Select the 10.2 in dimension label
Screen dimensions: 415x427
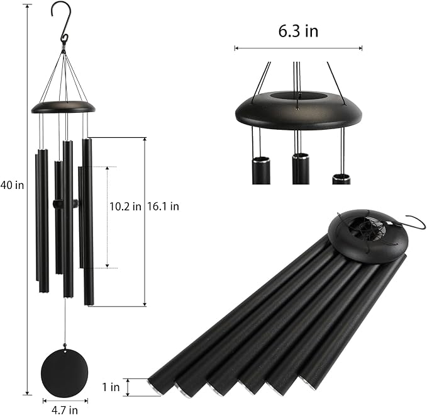125,206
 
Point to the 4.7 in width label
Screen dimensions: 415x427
65,410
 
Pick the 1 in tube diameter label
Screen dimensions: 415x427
111,387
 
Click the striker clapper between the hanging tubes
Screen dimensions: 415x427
65,204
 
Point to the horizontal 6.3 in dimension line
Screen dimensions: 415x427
298,48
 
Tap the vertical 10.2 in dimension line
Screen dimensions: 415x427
107,217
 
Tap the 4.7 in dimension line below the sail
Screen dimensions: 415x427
65,400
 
